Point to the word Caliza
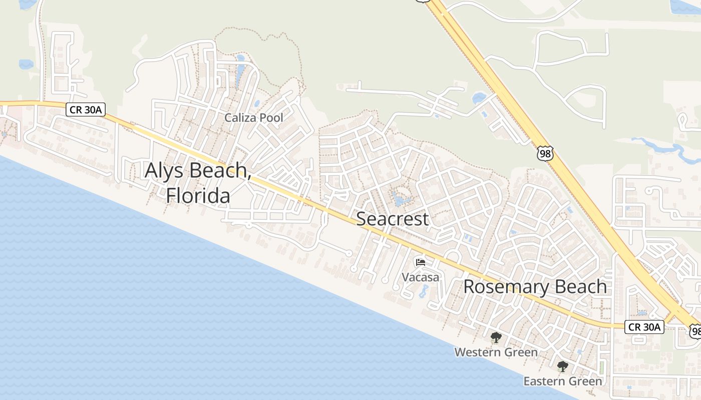(240, 118)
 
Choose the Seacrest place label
(393, 218)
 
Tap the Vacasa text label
(421, 277)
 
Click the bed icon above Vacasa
(421, 262)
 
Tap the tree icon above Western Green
(496, 337)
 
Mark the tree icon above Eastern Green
(562, 366)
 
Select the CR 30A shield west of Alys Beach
(86, 110)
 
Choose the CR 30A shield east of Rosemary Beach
(644, 327)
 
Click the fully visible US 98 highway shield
(545, 153)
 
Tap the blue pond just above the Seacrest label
(400, 200)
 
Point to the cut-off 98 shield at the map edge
(695, 330)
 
